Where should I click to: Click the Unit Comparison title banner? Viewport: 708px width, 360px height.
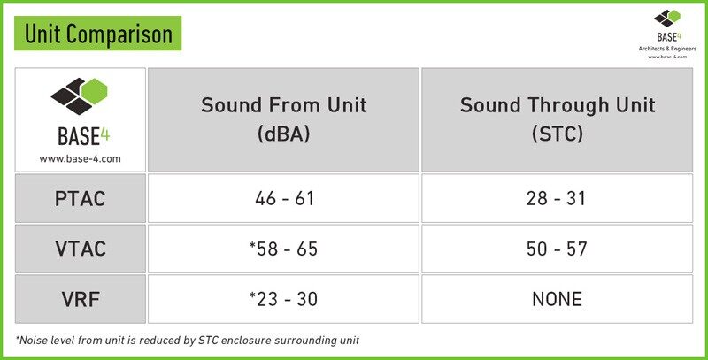97,34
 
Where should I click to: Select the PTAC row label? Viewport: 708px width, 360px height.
81,198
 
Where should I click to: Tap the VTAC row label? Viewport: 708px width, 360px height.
81,249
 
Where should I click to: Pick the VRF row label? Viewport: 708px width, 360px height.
81,299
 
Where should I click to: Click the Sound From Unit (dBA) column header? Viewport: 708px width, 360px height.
283,120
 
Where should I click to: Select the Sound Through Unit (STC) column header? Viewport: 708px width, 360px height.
558,120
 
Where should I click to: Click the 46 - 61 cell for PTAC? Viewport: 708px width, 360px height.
283,198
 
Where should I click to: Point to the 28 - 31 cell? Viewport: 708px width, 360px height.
558,198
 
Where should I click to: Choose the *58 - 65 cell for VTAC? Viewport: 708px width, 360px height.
283,249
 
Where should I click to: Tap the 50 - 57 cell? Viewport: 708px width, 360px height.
558,249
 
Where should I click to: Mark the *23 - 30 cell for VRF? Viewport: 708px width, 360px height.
283,299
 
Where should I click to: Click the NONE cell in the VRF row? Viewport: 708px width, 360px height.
558,299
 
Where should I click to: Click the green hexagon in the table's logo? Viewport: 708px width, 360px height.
96,89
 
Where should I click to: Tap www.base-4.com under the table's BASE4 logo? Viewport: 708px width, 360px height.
80,159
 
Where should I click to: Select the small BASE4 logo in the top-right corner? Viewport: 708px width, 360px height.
667,26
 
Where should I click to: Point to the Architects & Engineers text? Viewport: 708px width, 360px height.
667,49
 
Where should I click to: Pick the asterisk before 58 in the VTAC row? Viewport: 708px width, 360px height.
252,246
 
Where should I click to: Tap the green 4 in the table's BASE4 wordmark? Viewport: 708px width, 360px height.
104,135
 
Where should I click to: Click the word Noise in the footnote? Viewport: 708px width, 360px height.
34,341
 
